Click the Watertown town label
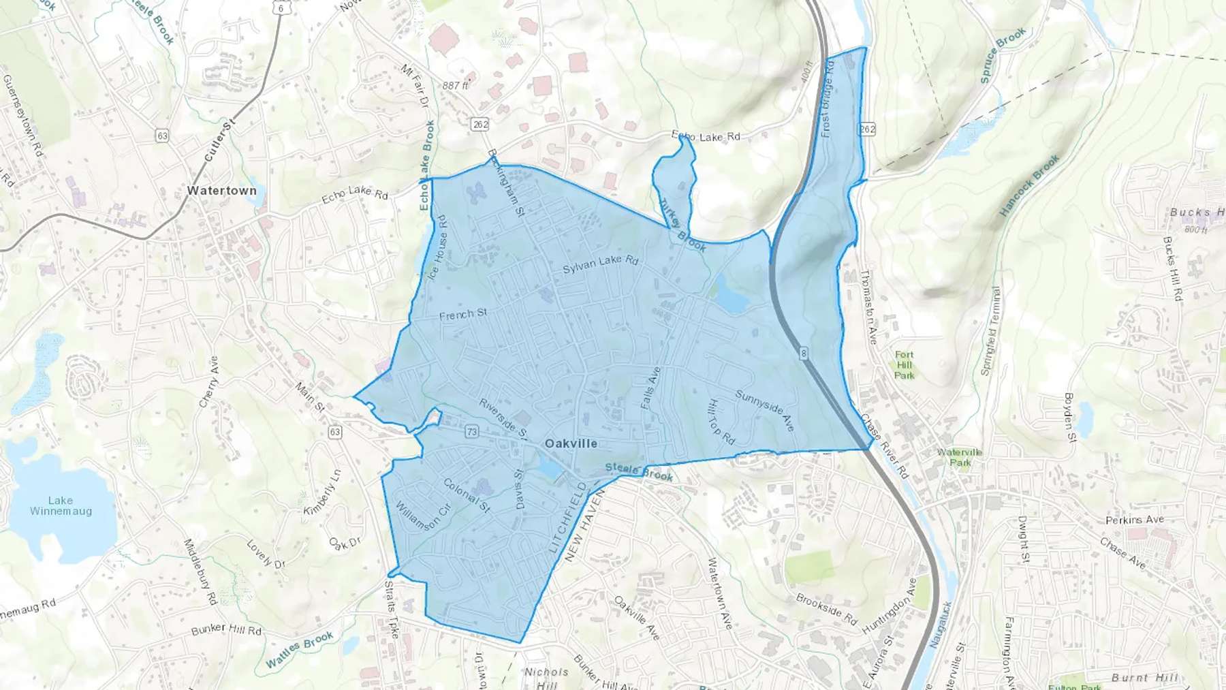[222, 191]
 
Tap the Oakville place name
[571, 443]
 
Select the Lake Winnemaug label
[61, 506]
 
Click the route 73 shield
[472, 432]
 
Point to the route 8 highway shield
[804, 353]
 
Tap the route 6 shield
[281, 8]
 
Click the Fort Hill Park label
[905, 365]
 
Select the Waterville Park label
[959, 457]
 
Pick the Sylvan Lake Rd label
[600, 264]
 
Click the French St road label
[463, 314]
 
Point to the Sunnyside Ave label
[765, 410]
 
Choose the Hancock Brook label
[1029, 186]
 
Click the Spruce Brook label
[1003, 56]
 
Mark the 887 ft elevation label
[455, 86]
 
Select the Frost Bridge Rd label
[827, 98]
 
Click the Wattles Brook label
[299, 650]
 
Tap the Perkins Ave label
[1134, 520]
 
